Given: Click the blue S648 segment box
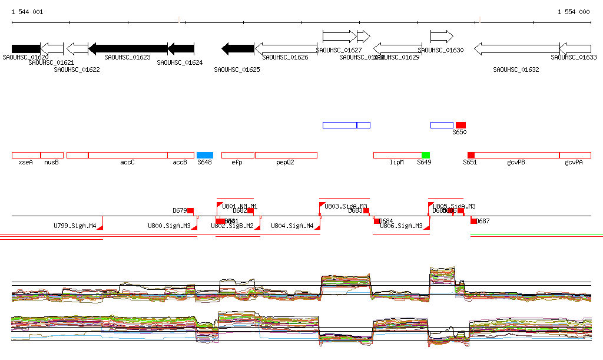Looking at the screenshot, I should (x=204, y=155).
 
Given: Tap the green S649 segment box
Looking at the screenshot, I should (x=425, y=155).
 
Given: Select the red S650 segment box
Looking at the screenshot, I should (x=460, y=125).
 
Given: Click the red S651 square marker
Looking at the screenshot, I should (x=471, y=155).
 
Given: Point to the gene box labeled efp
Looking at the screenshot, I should (x=237, y=155).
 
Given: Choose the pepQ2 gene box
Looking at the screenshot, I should (x=286, y=155).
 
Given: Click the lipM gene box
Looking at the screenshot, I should (x=397, y=155).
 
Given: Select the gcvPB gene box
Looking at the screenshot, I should (x=516, y=155).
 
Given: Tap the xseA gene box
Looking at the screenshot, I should (x=26, y=155).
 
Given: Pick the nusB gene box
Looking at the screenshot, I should (x=52, y=155).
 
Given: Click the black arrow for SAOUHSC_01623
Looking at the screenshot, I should (x=128, y=48).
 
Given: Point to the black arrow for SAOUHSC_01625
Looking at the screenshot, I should (x=237, y=48).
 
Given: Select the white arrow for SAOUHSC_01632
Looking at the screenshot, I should (x=516, y=48).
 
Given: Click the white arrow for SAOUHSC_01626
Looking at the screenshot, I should (x=286, y=48).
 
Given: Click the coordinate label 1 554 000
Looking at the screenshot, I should (x=574, y=12).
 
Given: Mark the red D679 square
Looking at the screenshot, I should (x=190, y=210).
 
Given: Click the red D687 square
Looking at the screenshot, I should (x=473, y=221).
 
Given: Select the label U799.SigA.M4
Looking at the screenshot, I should (x=75, y=226).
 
